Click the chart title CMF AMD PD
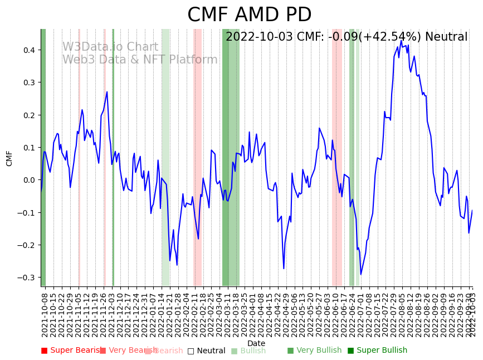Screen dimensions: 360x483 249,15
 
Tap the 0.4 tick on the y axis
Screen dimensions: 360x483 28,50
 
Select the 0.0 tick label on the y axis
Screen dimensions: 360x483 28,180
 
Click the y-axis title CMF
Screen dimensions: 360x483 9,158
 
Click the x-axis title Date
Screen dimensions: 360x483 256,343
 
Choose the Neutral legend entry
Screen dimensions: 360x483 207,351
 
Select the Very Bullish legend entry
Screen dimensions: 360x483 315,351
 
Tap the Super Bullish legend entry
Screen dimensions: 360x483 378,351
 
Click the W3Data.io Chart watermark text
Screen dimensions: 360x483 110,47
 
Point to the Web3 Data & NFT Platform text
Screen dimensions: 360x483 140,60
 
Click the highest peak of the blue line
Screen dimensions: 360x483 401,41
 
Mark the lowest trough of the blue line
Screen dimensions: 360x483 360,274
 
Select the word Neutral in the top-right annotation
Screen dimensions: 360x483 446,37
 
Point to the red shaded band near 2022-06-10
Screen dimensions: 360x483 337,156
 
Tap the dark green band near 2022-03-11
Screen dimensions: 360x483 226,156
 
